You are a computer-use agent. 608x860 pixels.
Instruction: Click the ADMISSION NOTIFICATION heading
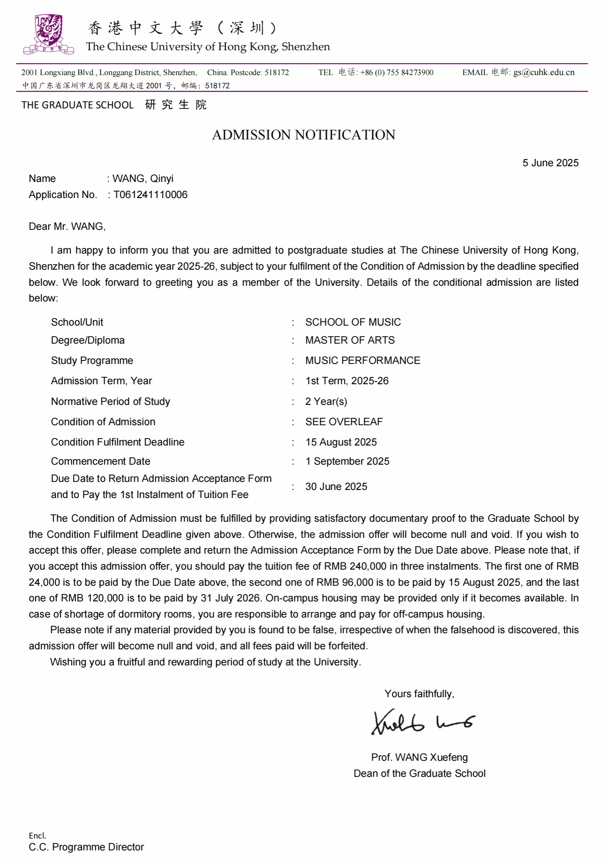tap(304, 135)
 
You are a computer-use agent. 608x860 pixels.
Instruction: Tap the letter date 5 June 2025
tap(550, 163)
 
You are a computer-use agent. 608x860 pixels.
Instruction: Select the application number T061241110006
tap(151, 195)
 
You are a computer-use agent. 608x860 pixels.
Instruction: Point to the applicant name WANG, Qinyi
tap(143, 179)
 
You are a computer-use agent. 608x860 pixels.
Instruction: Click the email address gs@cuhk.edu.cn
tap(544, 72)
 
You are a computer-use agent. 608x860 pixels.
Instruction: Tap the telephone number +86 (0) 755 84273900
tap(397, 72)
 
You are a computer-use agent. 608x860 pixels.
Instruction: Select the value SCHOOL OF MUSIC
tap(353, 322)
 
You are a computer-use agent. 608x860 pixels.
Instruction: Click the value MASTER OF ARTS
tap(350, 340)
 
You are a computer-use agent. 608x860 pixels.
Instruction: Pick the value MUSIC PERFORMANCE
tap(363, 360)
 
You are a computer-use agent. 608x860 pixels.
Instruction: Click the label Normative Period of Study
tap(110, 401)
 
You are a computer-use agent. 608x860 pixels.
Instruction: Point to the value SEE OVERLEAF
tap(344, 422)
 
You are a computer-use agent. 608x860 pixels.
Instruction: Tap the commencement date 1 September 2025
tap(347, 461)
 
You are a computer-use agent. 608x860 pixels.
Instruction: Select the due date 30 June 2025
tap(336, 487)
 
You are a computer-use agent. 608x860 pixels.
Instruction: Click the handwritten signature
tap(422, 722)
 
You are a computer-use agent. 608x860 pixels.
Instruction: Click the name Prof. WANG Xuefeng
tap(419, 757)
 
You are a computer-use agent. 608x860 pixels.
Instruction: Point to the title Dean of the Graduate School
tap(419, 773)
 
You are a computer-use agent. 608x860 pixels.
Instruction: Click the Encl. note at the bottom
tap(37, 835)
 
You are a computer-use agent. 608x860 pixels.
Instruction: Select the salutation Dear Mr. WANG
tap(67, 226)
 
